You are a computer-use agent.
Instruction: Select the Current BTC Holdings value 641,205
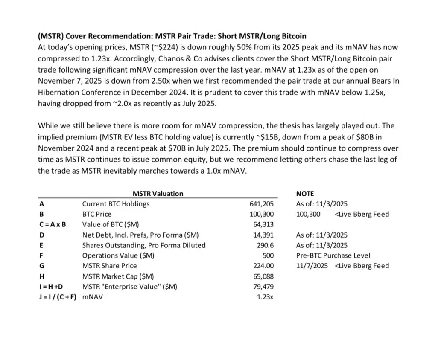pos(261,204)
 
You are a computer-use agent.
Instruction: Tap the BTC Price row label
pos(96,214)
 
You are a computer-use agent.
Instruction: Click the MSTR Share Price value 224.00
pos(264,266)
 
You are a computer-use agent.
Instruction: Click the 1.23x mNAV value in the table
pos(265,297)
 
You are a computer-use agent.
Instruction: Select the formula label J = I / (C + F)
pos(57,297)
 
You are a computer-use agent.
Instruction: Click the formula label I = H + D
pos(51,287)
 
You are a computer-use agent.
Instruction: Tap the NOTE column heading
pos(305,194)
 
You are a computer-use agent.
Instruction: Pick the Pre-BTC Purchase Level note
pos(333,255)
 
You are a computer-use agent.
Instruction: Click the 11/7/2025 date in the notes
pos(312,266)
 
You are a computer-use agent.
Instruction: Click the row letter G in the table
pos(41,266)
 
